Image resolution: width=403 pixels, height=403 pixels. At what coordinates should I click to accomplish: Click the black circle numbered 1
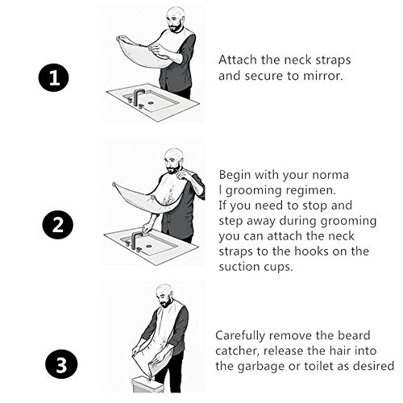pyautogui.click(x=54, y=78)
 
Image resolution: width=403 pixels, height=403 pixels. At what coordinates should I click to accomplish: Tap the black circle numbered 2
pyautogui.click(x=58, y=225)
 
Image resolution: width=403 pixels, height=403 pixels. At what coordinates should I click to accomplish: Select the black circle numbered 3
pyautogui.click(x=61, y=364)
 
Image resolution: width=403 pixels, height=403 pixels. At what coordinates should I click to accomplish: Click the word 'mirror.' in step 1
pyautogui.click(x=323, y=76)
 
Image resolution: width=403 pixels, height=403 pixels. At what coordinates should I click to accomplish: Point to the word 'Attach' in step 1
pyautogui.click(x=238, y=60)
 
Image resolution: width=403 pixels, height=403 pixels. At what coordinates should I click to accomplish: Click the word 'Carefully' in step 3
pyautogui.click(x=240, y=336)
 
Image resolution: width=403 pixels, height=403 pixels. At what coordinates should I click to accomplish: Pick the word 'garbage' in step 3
pyautogui.click(x=261, y=367)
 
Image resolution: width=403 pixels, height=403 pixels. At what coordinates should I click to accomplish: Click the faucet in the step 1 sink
pyautogui.click(x=138, y=98)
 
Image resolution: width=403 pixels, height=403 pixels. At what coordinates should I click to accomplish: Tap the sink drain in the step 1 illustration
pyautogui.click(x=151, y=102)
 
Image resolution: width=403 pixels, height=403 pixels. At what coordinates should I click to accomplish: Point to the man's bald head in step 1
pyautogui.click(x=176, y=14)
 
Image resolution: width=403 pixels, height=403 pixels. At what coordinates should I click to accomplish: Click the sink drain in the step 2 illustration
pyautogui.click(x=148, y=246)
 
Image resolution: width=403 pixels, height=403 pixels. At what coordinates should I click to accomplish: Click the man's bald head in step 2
pyautogui.click(x=174, y=156)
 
